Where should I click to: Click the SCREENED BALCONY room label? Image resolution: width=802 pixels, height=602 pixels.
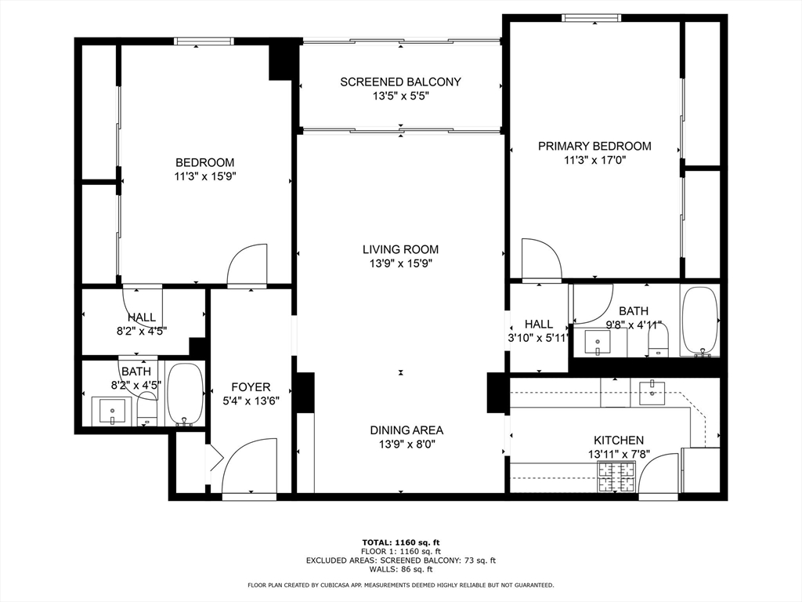point(400,82)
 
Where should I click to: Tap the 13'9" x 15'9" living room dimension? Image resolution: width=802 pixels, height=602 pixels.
point(400,263)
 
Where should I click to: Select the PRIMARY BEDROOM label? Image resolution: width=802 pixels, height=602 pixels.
point(594,146)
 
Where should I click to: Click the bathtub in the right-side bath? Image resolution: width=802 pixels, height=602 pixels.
point(699,322)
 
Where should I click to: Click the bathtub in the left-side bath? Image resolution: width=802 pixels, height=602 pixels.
point(185,393)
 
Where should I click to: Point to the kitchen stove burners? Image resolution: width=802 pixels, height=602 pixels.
point(616,476)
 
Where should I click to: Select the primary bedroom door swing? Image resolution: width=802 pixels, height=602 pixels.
point(540,259)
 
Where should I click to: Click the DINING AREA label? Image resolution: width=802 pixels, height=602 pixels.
point(406,430)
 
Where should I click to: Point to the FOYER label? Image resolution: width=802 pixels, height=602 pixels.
point(251,386)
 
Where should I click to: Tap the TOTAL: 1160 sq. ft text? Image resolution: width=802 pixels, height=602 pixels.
point(400,542)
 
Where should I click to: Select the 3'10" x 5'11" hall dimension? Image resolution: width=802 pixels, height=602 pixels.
point(538,338)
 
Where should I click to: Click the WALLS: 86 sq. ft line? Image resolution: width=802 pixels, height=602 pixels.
point(400,570)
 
